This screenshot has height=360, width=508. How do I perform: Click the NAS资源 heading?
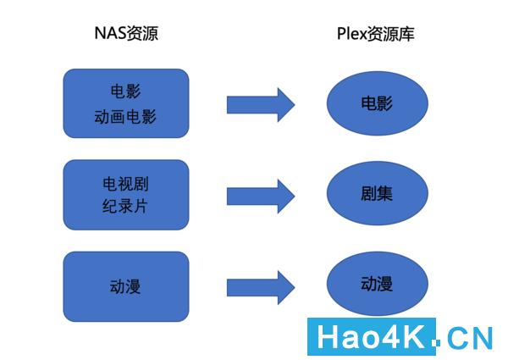pos(125,35)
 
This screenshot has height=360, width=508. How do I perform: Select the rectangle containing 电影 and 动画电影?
pos(125,103)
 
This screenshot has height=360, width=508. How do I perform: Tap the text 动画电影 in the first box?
pos(125,116)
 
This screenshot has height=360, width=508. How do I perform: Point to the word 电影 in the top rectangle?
pos(125,91)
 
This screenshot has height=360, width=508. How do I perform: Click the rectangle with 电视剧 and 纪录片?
pos(125,195)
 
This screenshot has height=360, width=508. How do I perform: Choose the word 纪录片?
pos(125,206)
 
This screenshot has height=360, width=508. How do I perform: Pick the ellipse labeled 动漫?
pos(377,284)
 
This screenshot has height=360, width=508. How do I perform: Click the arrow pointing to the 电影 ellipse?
pos(260,104)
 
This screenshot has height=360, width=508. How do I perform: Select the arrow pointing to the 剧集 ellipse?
pos(260,196)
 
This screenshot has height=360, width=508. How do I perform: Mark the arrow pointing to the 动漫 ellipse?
pos(260,285)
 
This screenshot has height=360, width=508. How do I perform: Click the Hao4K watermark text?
pos(373,338)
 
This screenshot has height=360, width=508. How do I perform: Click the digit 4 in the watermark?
pos(390,338)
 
